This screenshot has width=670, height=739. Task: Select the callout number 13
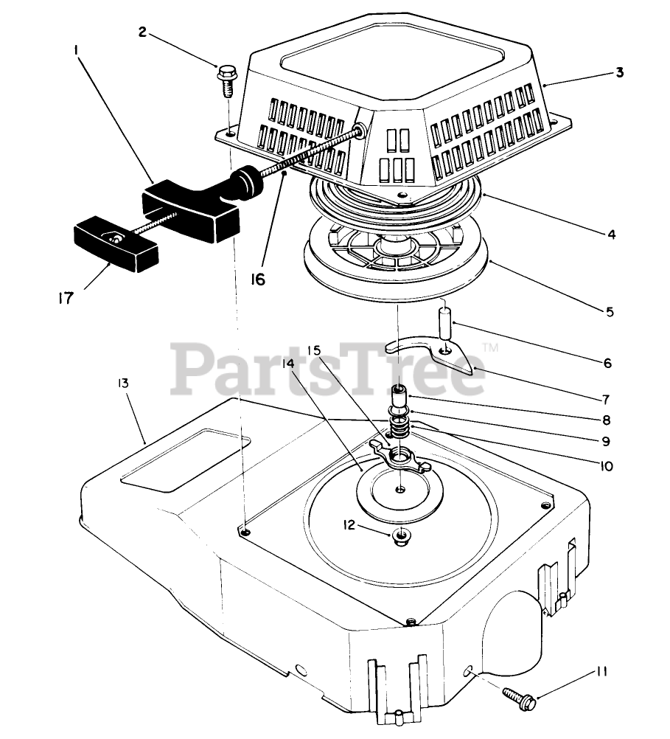(122, 384)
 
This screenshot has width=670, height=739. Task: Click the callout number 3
(620, 72)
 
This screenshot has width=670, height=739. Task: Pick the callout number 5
(609, 311)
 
